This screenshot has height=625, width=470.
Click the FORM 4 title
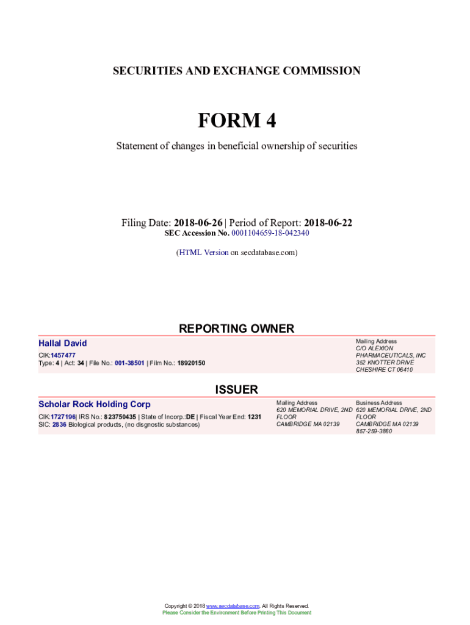(236, 121)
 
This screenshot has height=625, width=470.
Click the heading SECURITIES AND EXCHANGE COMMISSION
(236, 71)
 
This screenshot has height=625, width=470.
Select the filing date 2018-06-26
(198, 223)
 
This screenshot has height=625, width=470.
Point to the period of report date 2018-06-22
(328, 223)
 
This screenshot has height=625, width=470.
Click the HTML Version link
(203, 252)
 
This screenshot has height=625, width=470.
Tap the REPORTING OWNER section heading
(236, 328)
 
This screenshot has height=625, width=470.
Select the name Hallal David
(63, 344)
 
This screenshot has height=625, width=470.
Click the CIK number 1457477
(63, 355)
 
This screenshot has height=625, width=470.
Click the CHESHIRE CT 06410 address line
(385, 369)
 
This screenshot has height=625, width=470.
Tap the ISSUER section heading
(236, 389)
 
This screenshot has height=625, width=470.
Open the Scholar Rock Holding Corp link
(95, 404)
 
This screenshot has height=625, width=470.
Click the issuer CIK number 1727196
(63, 417)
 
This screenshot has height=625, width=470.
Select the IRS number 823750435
(119, 417)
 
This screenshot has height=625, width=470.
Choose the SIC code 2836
(59, 424)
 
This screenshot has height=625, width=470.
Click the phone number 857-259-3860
(374, 431)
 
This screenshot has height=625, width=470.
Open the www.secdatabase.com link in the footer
(233, 605)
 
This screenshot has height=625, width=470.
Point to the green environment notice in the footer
(236, 612)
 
